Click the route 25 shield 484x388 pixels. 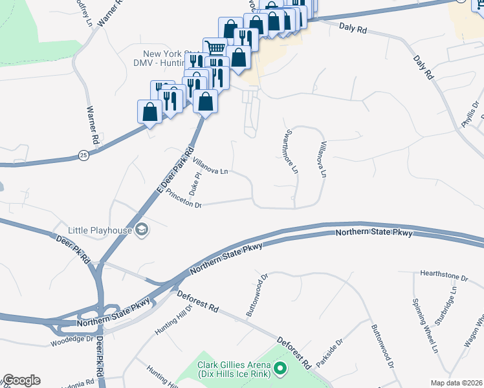click(83, 155)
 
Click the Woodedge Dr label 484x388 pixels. click(72, 338)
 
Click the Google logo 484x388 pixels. click(21, 380)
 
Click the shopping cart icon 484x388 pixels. click(215, 49)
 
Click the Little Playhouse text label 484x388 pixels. click(100, 230)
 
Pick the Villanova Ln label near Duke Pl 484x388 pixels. click(211, 167)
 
